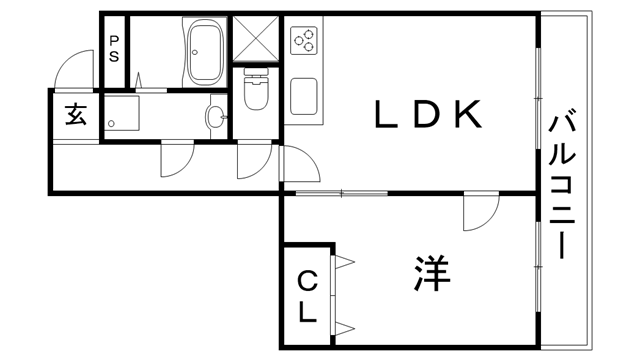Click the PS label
click(114, 50)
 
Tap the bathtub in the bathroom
click(205, 52)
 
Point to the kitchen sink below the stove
click(304, 98)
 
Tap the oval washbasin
click(214, 118)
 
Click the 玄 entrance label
click(76, 114)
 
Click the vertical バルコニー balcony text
click(562, 186)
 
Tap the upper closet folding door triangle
click(345, 262)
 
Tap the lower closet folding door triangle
click(345, 327)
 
